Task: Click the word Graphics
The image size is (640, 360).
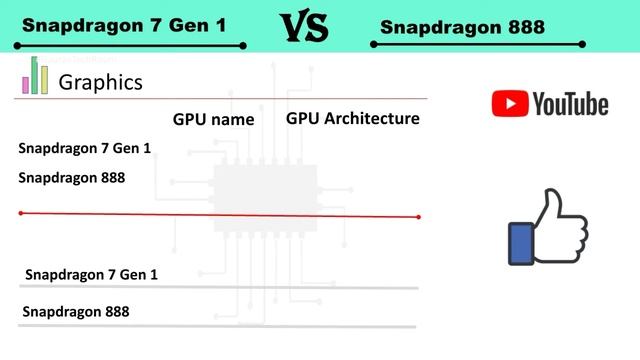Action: [x=100, y=82]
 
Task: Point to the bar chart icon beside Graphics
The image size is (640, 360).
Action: [x=36, y=76]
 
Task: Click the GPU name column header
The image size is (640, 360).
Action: [x=213, y=119]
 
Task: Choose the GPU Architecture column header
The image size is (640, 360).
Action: [x=352, y=118]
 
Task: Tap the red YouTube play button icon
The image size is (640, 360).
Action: [x=509, y=103]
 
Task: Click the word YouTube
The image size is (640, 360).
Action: [x=570, y=103]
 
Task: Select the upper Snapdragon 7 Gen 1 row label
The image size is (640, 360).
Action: [x=84, y=148]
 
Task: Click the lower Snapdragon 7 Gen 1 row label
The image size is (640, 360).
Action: [x=91, y=274]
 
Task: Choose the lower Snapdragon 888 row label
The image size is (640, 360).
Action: [x=75, y=311]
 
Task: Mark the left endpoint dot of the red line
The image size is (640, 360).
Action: [x=21, y=213]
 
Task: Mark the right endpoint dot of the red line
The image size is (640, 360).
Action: [x=419, y=216]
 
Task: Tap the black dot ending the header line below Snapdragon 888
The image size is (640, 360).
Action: [x=583, y=44]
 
